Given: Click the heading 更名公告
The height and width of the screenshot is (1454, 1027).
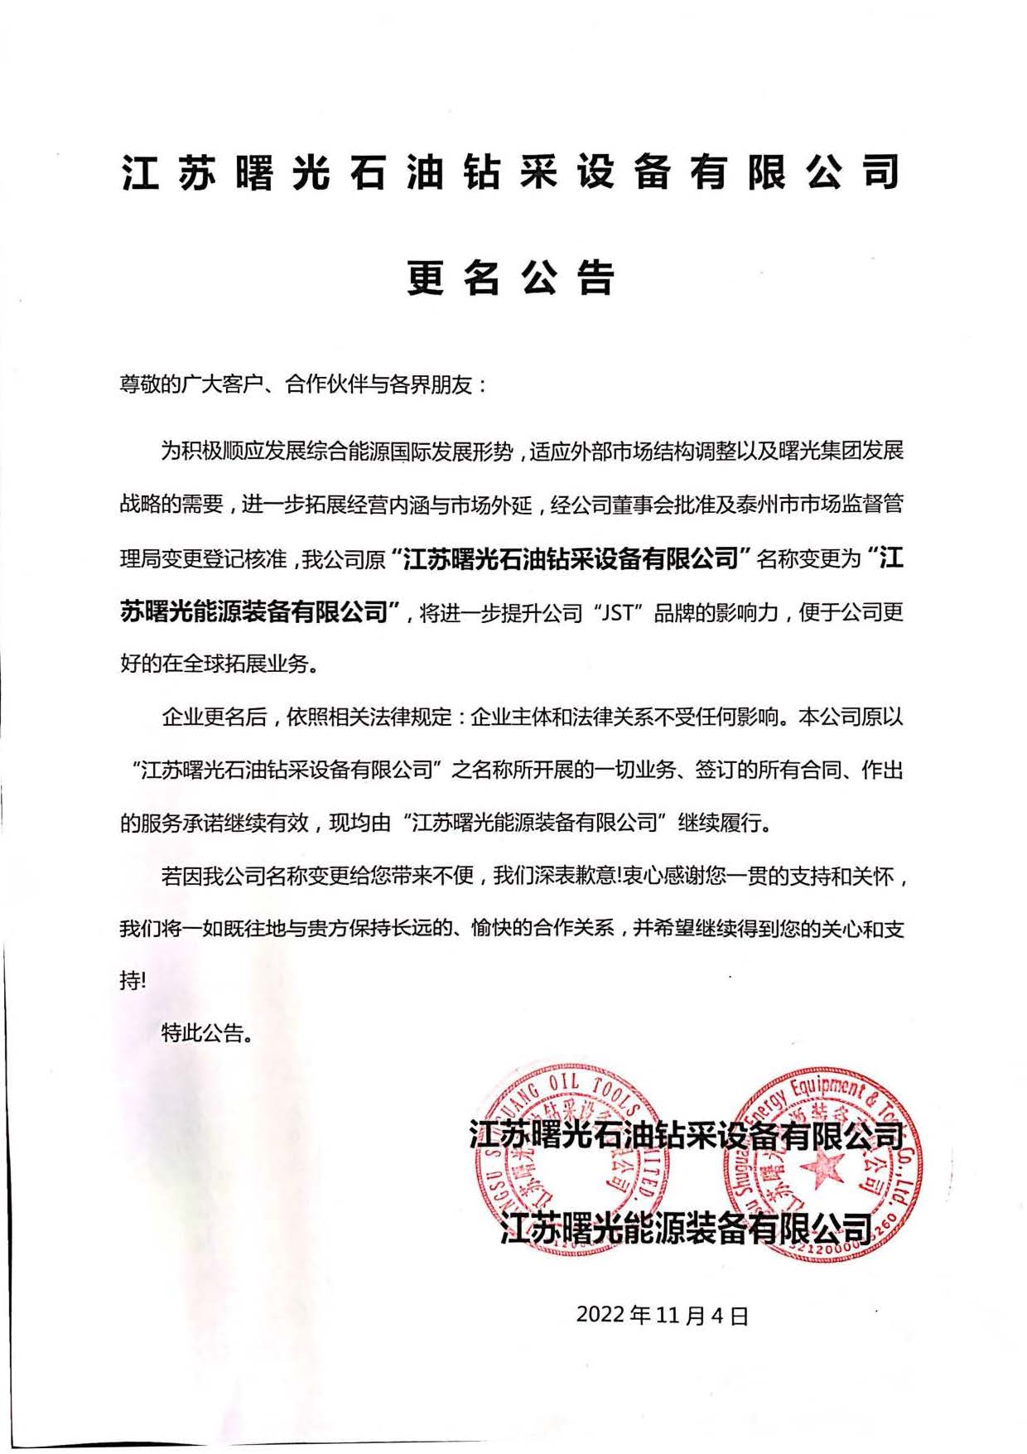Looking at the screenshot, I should [511, 278].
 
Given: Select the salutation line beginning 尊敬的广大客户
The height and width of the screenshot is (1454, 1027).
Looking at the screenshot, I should [304, 386].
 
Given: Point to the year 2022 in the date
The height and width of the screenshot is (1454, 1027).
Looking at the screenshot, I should [601, 1315].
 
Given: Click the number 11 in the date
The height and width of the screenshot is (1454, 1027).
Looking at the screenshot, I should [671, 1315].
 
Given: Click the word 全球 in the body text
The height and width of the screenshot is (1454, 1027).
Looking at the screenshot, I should [211, 664].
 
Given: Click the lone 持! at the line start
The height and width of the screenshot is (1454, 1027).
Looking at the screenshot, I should [133, 981].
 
